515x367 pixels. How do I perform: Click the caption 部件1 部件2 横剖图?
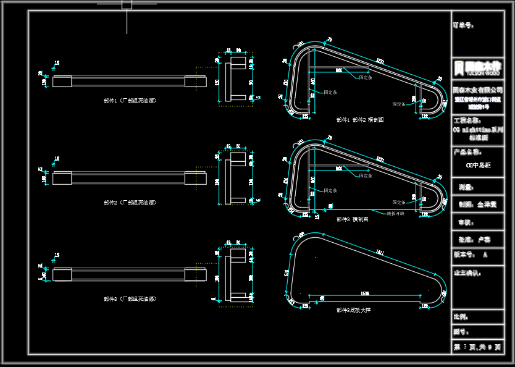360,120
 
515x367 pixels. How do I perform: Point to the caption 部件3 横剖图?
352,219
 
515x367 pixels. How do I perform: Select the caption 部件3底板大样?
353,310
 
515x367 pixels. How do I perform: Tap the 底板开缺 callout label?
395,213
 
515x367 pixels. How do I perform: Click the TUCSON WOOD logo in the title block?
477,68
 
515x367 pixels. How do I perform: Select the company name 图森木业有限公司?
477,90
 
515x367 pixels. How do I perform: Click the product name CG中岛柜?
477,166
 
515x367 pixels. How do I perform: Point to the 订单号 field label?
464,26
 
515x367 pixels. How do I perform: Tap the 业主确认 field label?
467,272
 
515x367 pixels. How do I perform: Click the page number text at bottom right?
477,347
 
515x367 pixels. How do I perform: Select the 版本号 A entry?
471,255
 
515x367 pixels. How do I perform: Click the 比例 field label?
461,317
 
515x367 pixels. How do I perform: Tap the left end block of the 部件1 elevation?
62,81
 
